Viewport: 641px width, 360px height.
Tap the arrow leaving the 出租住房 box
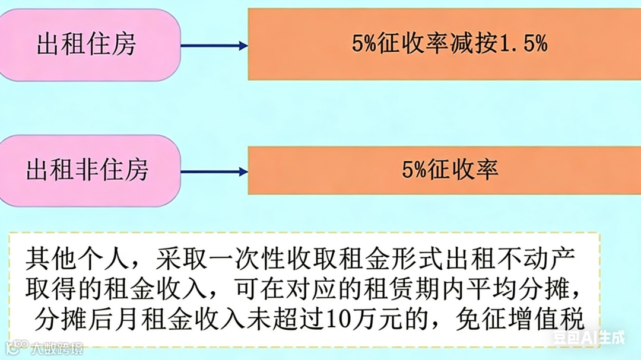tap(214, 46)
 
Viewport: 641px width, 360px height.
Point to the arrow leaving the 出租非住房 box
tap(214, 172)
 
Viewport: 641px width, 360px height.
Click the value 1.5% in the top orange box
tap(522, 44)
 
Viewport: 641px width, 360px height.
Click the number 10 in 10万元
tap(351, 321)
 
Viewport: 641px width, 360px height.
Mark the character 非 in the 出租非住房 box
tap(87, 171)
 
